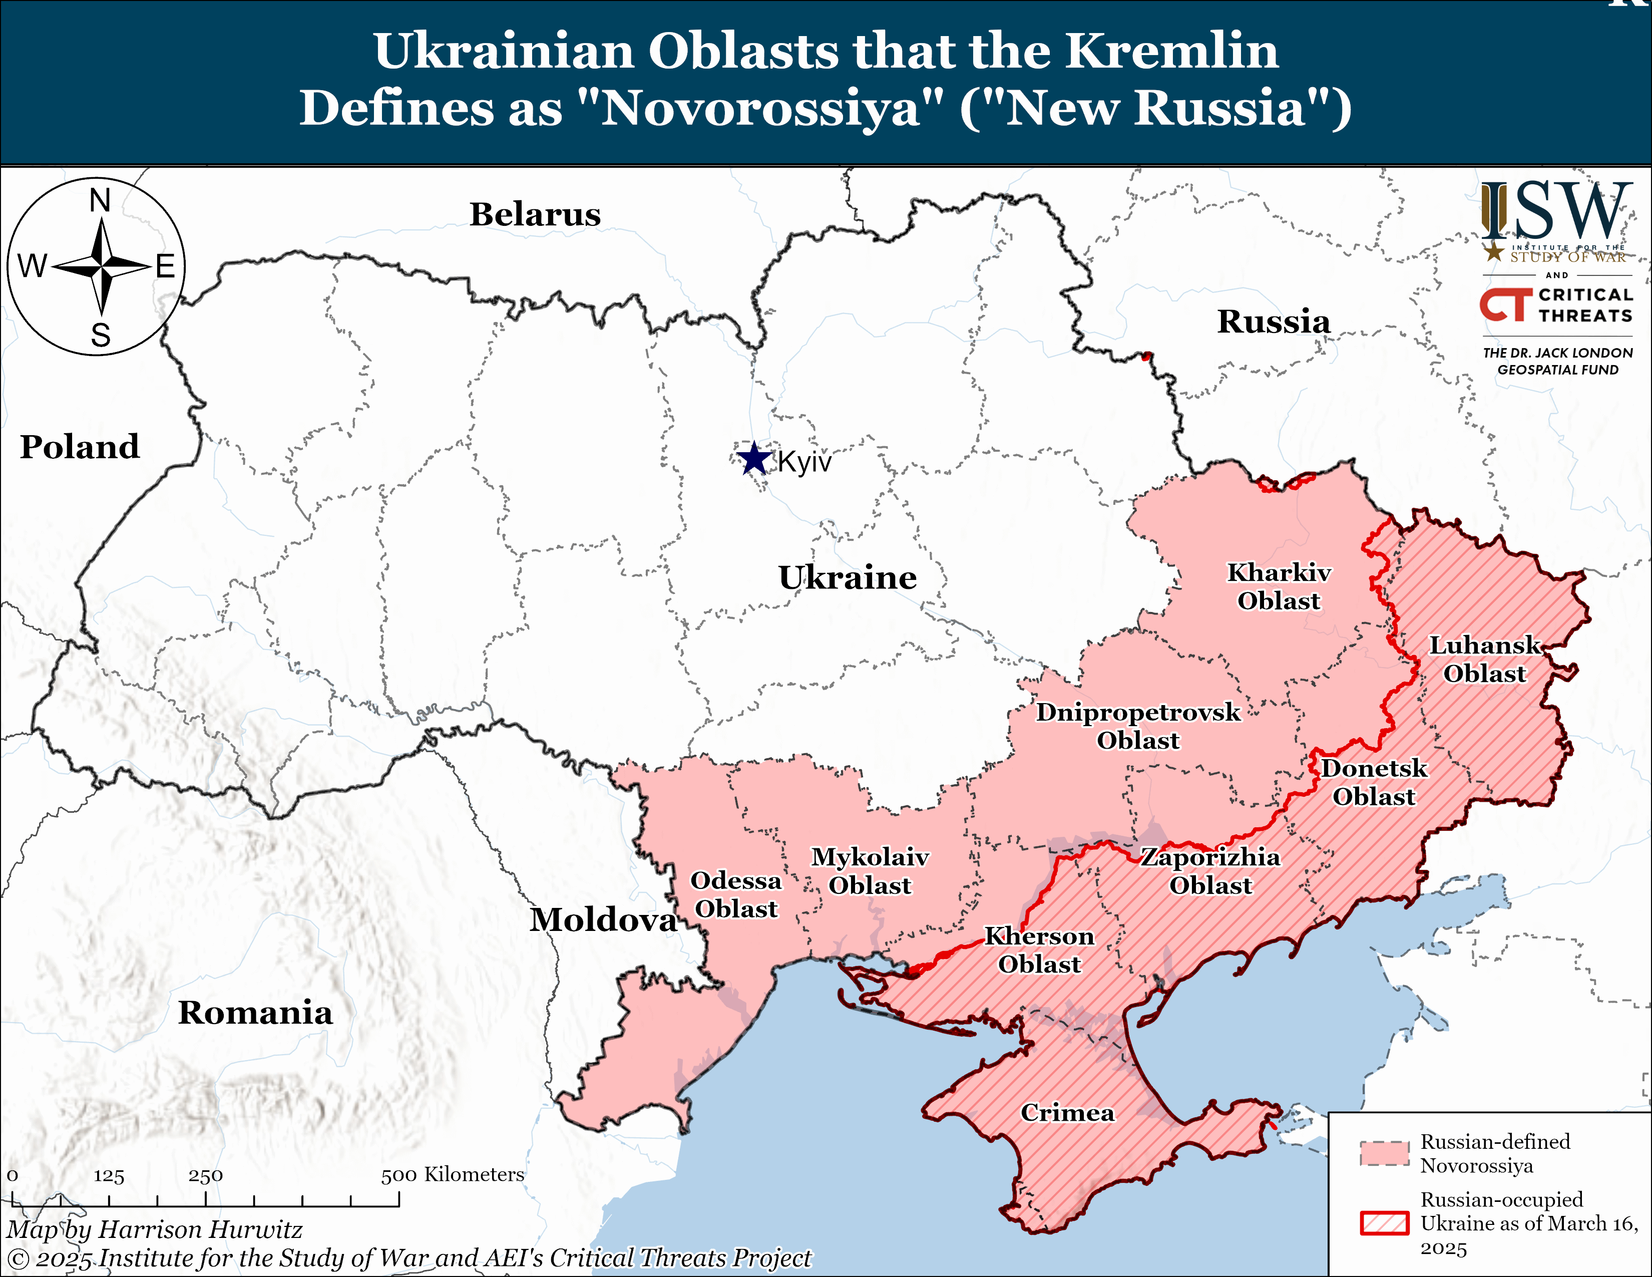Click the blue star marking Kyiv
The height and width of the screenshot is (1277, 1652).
(753, 458)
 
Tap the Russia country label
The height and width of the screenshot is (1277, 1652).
(1273, 322)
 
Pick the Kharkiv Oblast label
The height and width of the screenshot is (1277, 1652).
(1279, 586)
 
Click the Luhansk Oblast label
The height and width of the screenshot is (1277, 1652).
(1484, 659)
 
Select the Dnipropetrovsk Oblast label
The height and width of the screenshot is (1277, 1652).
(1138, 726)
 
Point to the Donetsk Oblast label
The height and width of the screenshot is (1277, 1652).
(1374, 782)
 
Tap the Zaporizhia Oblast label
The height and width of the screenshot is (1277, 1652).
(1210, 871)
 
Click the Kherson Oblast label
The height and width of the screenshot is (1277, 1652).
(1039, 950)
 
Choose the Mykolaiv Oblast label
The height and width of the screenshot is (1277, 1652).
(870, 871)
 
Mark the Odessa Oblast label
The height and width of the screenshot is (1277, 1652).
(735, 894)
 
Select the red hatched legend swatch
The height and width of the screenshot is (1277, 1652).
(1384, 1223)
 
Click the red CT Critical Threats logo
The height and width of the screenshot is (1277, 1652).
(1504, 305)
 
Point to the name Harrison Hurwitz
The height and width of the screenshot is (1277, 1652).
(200, 1229)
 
